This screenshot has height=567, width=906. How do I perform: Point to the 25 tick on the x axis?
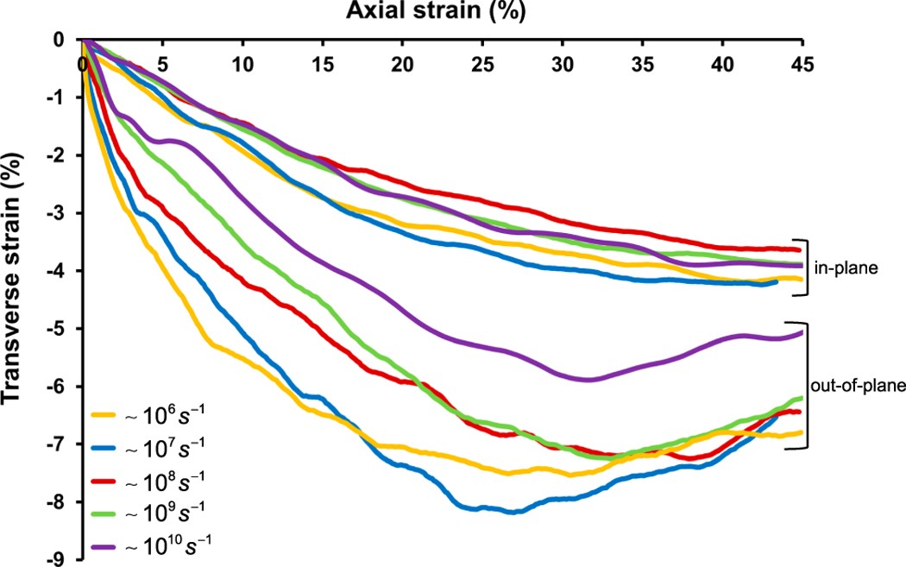pyautogui.click(x=482, y=40)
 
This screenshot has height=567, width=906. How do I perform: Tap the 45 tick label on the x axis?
pyautogui.click(x=802, y=65)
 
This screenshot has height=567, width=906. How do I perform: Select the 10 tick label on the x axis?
pyautogui.click(x=243, y=65)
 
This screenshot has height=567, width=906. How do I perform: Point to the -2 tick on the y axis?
pyautogui.click(x=83, y=155)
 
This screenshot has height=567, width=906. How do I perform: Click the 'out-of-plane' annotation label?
pyautogui.click(x=853, y=385)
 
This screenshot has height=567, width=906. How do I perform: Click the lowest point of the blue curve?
pyautogui.click(x=513, y=512)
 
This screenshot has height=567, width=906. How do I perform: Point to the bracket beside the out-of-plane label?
pyautogui.click(x=808, y=385)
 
